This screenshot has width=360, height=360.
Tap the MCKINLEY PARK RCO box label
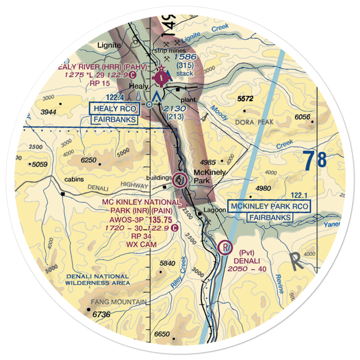[270, 207]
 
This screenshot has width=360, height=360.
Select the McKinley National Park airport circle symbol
[179, 180]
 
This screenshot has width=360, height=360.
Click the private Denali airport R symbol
[225, 248]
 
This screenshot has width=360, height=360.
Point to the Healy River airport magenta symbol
[160, 77]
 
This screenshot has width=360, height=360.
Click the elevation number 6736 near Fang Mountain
[101, 315]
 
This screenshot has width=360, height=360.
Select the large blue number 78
[314, 161]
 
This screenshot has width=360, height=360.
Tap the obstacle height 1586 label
[185, 57]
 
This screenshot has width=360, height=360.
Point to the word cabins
[74, 179]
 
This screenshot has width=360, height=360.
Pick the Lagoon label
[213, 209]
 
